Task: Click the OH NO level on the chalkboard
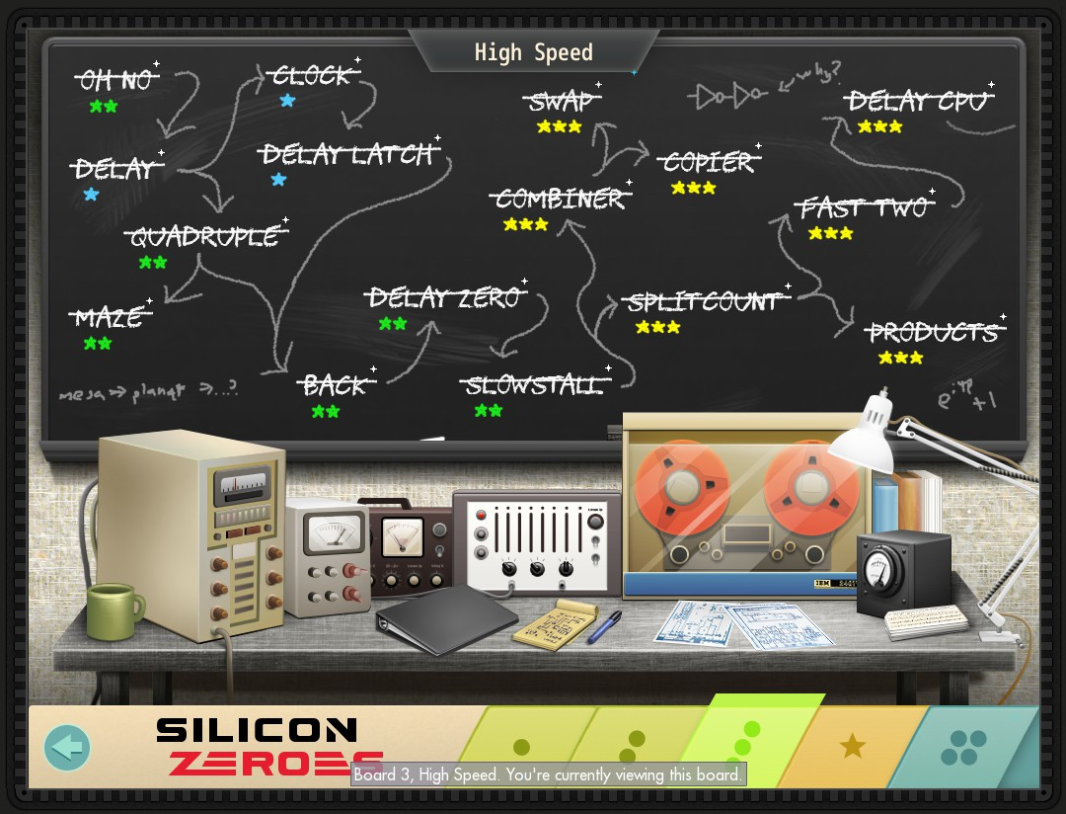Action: [116, 80]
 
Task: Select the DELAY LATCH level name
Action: [347, 155]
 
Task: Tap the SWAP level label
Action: [561, 102]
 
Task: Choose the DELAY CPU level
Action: [918, 101]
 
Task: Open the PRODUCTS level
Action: [933, 332]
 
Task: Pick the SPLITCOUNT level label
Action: [704, 301]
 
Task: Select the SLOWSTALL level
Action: [534, 385]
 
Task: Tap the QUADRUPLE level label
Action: [204, 237]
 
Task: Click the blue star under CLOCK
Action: [287, 101]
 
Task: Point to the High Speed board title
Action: [533, 52]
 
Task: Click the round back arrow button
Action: [67, 748]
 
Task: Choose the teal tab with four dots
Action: [963, 748]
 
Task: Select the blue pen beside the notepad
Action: [604, 626]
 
